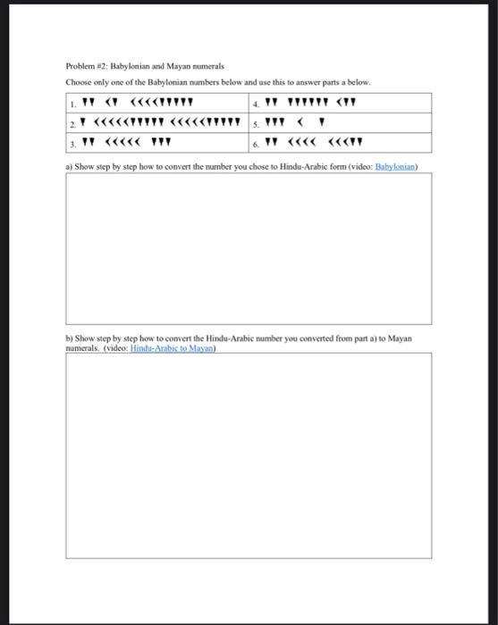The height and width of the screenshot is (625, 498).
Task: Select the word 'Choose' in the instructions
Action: tap(78, 83)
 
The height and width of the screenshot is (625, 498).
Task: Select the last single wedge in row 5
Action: tap(321, 121)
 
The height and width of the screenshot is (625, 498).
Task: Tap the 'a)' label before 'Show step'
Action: tap(69, 167)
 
